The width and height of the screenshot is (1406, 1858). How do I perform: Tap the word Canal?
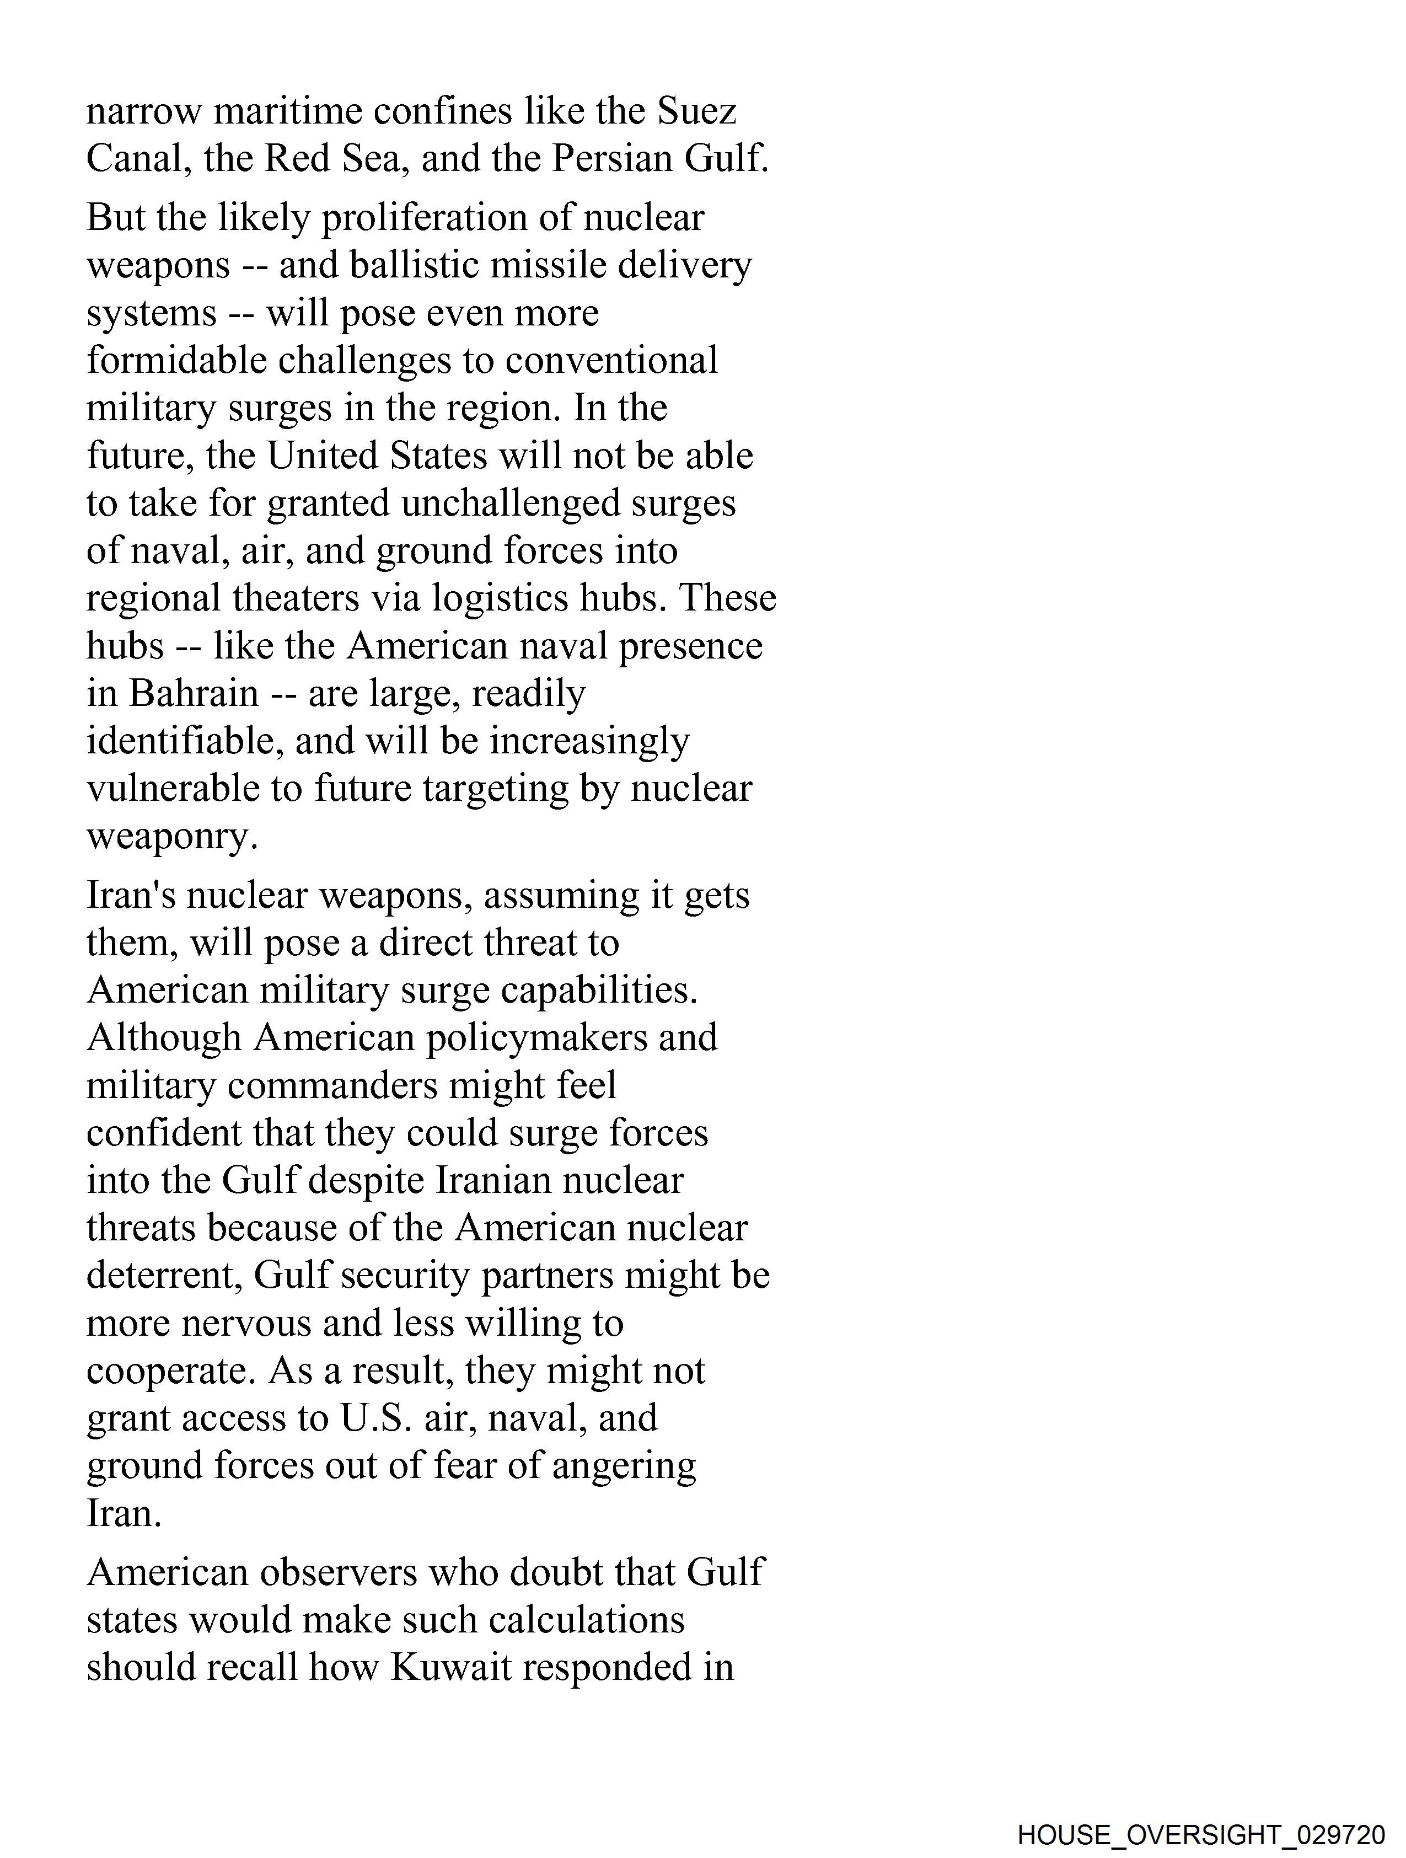click(x=138, y=159)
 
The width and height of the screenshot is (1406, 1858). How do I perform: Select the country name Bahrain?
click(x=194, y=694)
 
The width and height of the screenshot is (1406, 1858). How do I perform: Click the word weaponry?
click(x=171, y=837)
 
